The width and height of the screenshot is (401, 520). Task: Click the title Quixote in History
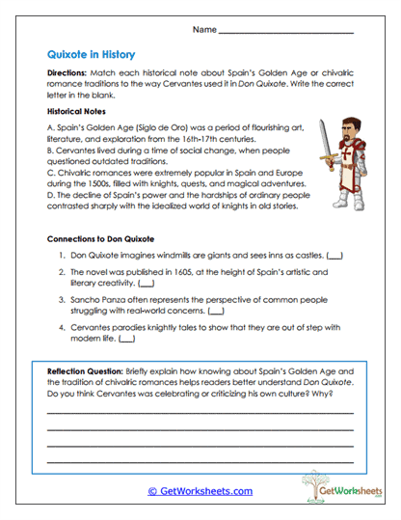[x=91, y=55]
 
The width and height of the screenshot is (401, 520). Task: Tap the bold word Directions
[x=70, y=73]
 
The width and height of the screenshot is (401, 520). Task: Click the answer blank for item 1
[x=334, y=256]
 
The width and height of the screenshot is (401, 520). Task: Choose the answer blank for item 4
[x=127, y=340]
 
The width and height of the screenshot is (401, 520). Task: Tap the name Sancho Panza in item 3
[x=94, y=300]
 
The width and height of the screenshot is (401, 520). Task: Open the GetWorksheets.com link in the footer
[x=200, y=491]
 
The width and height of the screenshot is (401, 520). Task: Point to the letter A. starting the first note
[x=51, y=128]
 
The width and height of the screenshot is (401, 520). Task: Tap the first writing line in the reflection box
[x=200, y=414]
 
